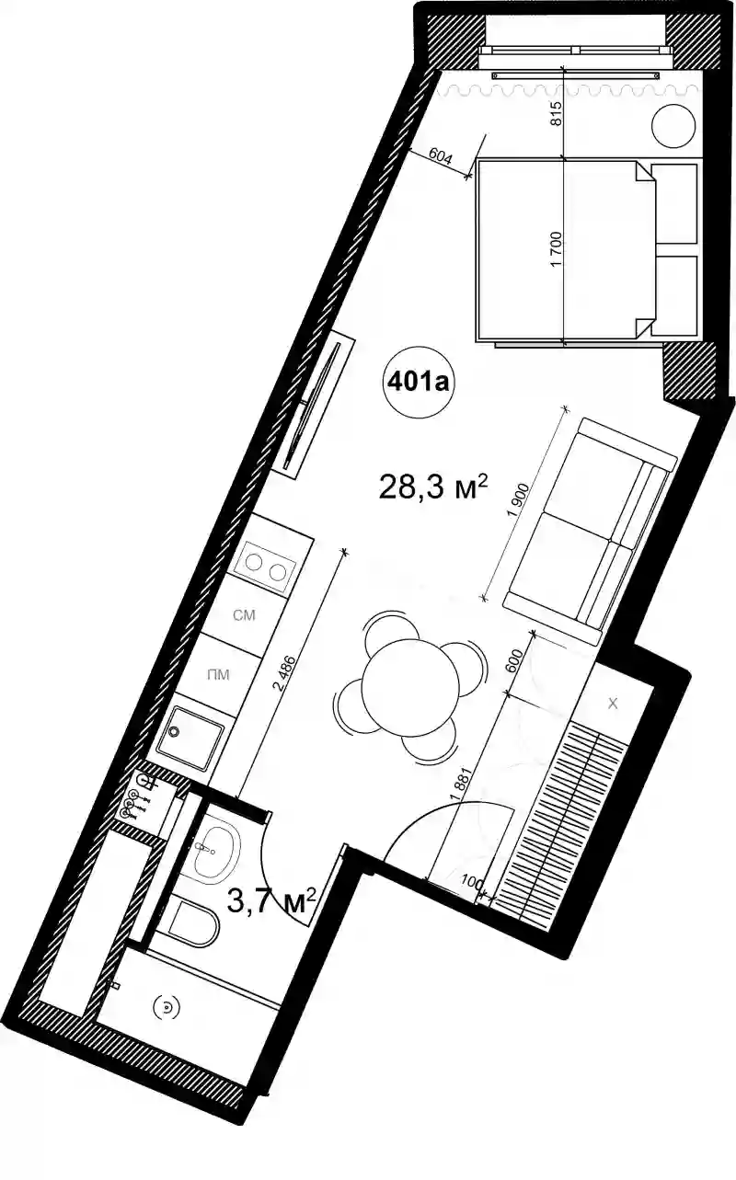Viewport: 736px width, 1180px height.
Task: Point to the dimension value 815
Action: [x=556, y=113]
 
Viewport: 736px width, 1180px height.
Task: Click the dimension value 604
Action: [x=441, y=156]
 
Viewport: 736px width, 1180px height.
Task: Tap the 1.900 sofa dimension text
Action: [x=518, y=500]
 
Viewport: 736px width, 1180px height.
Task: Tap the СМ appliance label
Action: [x=244, y=614]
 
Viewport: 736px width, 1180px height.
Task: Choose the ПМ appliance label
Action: [x=219, y=674]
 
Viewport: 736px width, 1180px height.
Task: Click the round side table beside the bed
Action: [x=673, y=126]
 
